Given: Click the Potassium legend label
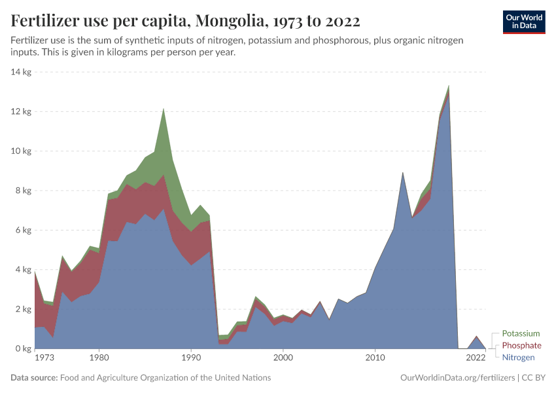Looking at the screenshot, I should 521,333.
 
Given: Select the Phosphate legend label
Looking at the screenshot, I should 521,345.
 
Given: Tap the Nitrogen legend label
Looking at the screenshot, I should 518,358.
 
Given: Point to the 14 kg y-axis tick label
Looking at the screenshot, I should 22,71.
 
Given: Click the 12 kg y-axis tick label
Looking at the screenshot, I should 22,111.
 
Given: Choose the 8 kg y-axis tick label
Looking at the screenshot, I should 23,191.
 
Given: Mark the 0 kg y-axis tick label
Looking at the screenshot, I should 23,349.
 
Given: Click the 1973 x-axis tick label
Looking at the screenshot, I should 44,358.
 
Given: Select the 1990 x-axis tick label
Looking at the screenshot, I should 190,358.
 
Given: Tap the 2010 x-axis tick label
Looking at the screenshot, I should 375,358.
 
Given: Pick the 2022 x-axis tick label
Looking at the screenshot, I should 476,358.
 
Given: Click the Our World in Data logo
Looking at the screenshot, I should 524,22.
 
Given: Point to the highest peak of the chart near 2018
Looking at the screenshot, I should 448,86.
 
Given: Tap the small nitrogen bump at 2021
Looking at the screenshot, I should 476,337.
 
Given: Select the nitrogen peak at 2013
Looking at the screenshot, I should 402,174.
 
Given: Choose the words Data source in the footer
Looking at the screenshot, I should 34,378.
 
